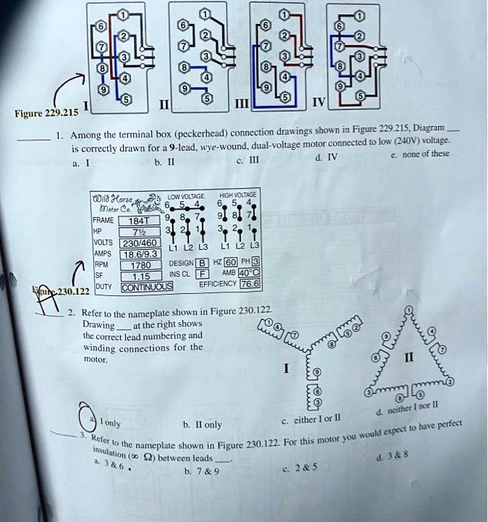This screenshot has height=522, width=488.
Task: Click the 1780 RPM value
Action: pos(141,265)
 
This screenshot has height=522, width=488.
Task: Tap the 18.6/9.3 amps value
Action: pos(141,254)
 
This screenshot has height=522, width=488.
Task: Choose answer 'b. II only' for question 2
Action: pos(201,424)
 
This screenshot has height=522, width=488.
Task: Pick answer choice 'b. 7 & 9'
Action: pos(201,471)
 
